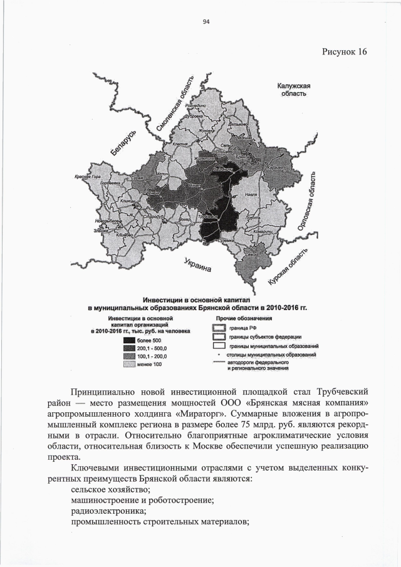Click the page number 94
[x=206, y=23]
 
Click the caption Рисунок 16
[x=344, y=51]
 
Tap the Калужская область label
[x=294, y=90]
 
